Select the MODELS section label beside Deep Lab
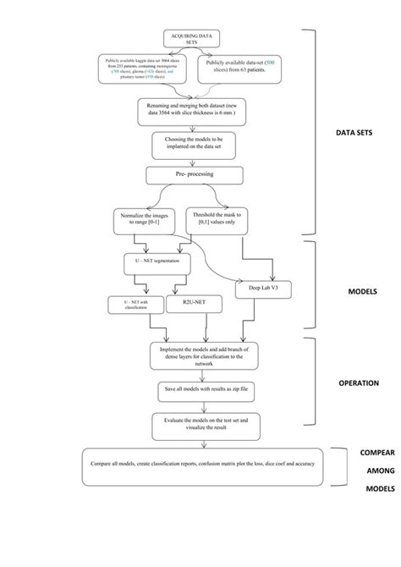pyautogui.click(x=361, y=291)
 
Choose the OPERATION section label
pyautogui.click(x=359, y=383)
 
